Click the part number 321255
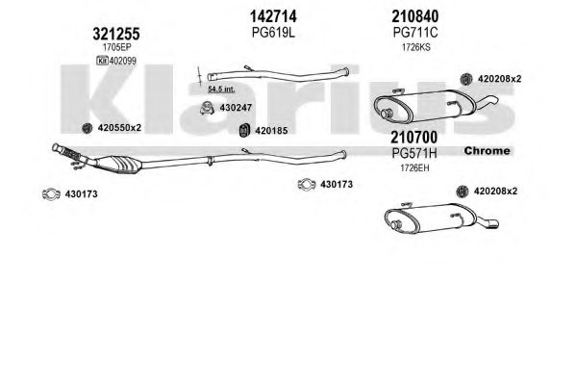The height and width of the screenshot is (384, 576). click(x=116, y=35)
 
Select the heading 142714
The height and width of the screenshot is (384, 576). click(x=273, y=16)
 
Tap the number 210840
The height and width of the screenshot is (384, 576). click(x=415, y=16)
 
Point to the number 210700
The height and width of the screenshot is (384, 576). click(x=414, y=138)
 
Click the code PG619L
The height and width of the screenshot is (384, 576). click(x=273, y=33)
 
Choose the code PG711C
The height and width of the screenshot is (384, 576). click(x=415, y=33)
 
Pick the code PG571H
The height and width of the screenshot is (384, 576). click(x=414, y=153)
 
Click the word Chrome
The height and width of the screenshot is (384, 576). click(x=487, y=151)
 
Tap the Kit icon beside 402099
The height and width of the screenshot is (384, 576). click(x=102, y=61)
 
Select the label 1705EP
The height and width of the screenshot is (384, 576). click(x=116, y=47)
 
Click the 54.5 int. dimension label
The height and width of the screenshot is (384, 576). click(x=221, y=89)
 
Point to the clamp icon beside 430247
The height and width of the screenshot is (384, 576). click(x=207, y=108)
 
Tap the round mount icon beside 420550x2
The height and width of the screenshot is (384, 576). click(x=88, y=128)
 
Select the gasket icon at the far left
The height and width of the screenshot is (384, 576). click(x=51, y=193)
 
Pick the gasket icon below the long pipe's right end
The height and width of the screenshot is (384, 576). click(x=307, y=184)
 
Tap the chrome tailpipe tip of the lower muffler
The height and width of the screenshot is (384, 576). click(x=491, y=223)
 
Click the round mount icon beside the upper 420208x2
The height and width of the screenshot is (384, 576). click(x=466, y=79)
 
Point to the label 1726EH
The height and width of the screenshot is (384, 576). click(x=414, y=168)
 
